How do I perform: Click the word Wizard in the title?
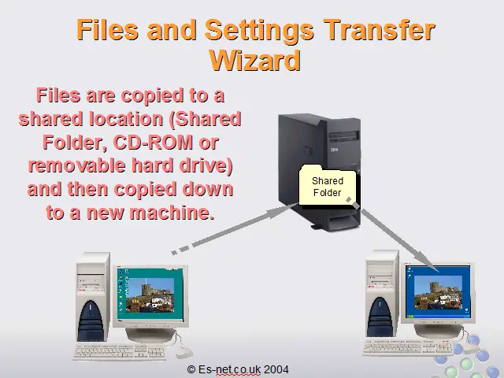[x=255, y=61]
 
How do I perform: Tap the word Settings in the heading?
[x=259, y=31]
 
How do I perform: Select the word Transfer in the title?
[x=379, y=30]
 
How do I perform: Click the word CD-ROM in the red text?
[x=153, y=143]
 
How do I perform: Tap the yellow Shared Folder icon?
[x=328, y=185]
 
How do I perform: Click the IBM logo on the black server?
[x=334, y=150]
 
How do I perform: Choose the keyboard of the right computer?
[x=408, y=347]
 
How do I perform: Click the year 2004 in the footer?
[x=276, y=369]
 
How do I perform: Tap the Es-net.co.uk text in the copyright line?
[x=229, y=369]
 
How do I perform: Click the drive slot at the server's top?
[x=344, y=136]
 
